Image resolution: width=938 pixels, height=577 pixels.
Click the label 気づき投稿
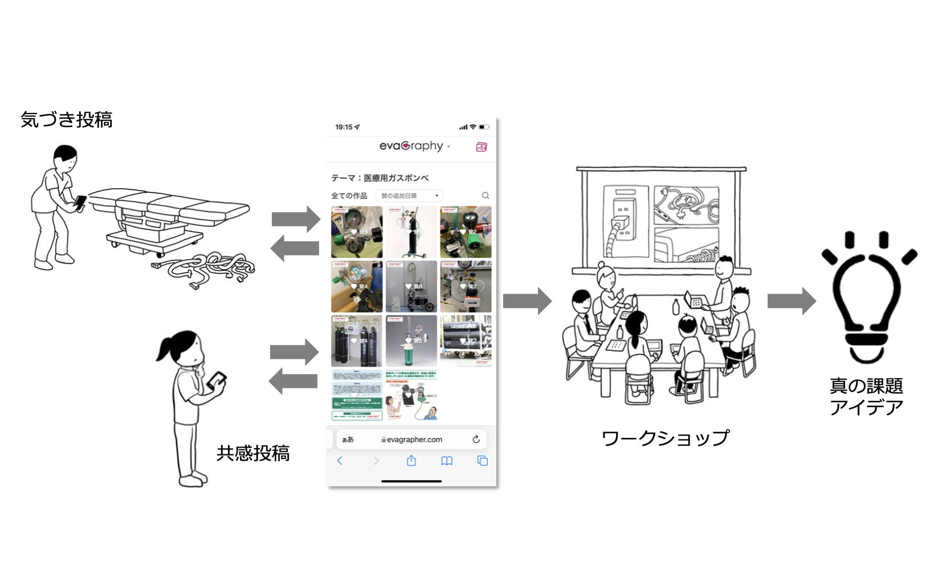[67, 120]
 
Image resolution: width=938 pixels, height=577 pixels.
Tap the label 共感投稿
[253, 453]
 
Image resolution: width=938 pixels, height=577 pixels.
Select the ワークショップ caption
[665, 438]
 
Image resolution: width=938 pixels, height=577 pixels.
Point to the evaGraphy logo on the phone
[411, 146]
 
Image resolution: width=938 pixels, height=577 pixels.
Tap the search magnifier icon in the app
[486, 196]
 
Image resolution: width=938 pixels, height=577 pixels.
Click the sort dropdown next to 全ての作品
[409, 196]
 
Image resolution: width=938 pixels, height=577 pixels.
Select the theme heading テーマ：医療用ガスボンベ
[380, 178]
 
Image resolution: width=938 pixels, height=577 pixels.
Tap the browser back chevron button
[340, 461]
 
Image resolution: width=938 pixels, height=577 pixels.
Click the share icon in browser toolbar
[411, 461]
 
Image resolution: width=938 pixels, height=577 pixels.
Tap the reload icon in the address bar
[476, 440]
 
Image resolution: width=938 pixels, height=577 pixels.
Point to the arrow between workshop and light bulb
[791, 301]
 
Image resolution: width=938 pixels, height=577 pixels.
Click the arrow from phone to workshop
[527, 301]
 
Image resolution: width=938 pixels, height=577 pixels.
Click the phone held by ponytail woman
[217, 381]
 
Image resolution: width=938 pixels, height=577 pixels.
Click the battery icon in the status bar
[483, 127]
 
